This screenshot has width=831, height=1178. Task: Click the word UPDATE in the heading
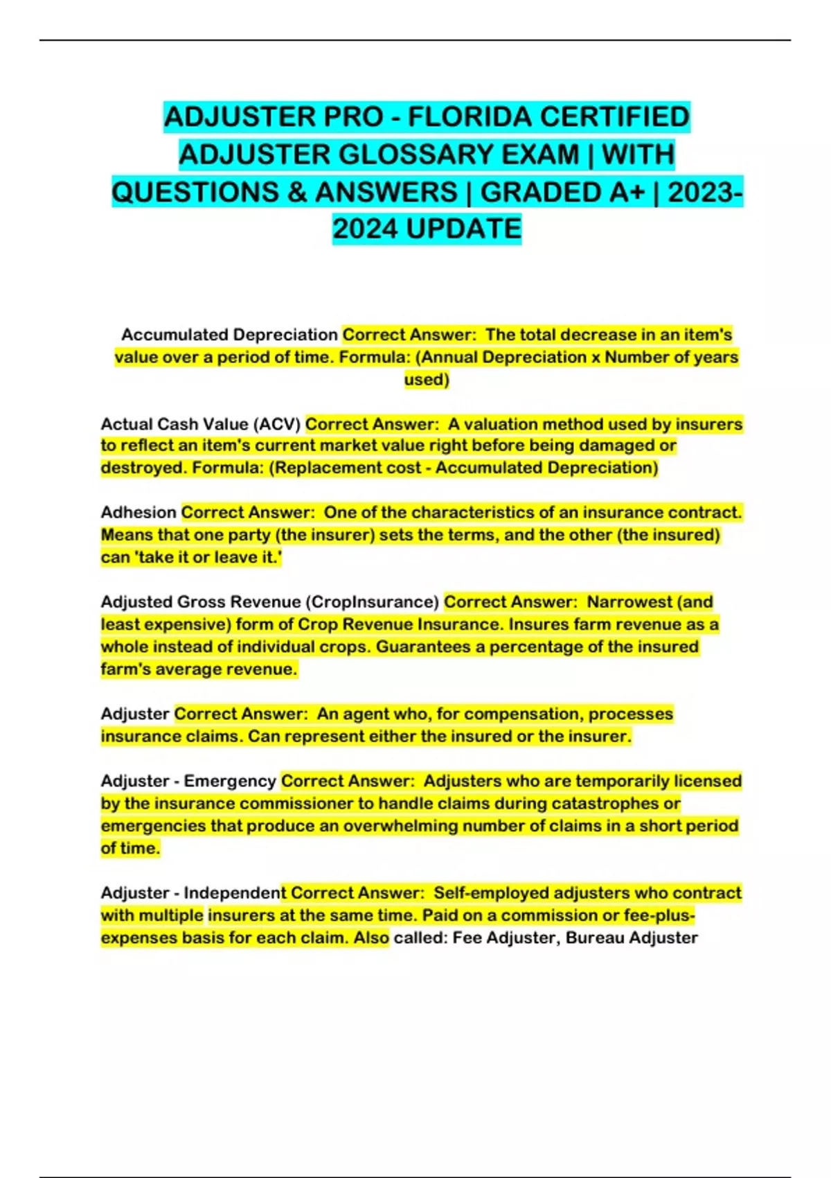point(463,229)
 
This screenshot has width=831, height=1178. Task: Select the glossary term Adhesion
point(138,512)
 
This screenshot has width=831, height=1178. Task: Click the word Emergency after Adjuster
point(230,781)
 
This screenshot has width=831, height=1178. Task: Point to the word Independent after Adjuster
point(234,893)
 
